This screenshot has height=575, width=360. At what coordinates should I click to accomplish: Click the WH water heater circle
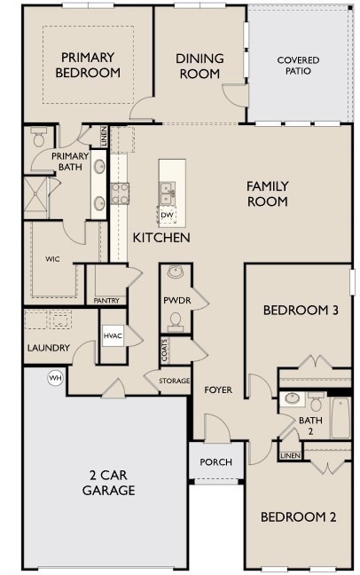[x=55, y=378]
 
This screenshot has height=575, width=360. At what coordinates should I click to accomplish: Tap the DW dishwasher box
[x=167, y=214]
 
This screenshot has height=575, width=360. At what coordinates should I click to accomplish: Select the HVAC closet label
[x=113, y=336]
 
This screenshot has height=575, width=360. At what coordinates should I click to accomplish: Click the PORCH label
[x=215, y=461]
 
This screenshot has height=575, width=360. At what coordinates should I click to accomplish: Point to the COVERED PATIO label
[x=298, y=67]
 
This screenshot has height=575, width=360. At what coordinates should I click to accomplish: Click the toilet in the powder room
[x=176, y=320]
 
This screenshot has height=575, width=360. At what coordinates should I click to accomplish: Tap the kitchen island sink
[x=167, y=188]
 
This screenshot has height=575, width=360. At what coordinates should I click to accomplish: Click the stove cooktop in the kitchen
[x=120, y=193]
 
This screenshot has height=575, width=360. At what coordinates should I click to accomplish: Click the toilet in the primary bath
[x=38, y=139]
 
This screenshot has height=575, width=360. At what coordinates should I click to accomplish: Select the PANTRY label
[x=106, y=301]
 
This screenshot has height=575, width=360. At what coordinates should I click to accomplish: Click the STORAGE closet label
[x=174, y=381]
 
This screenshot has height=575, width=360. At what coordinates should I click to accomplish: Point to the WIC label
[x=52, y=259]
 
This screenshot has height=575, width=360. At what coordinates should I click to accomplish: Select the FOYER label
[x=218, y=390]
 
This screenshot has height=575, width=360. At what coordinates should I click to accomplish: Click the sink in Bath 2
[x=293, y=399]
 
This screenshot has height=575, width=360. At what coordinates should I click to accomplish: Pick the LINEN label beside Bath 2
[x=289, y=455]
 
